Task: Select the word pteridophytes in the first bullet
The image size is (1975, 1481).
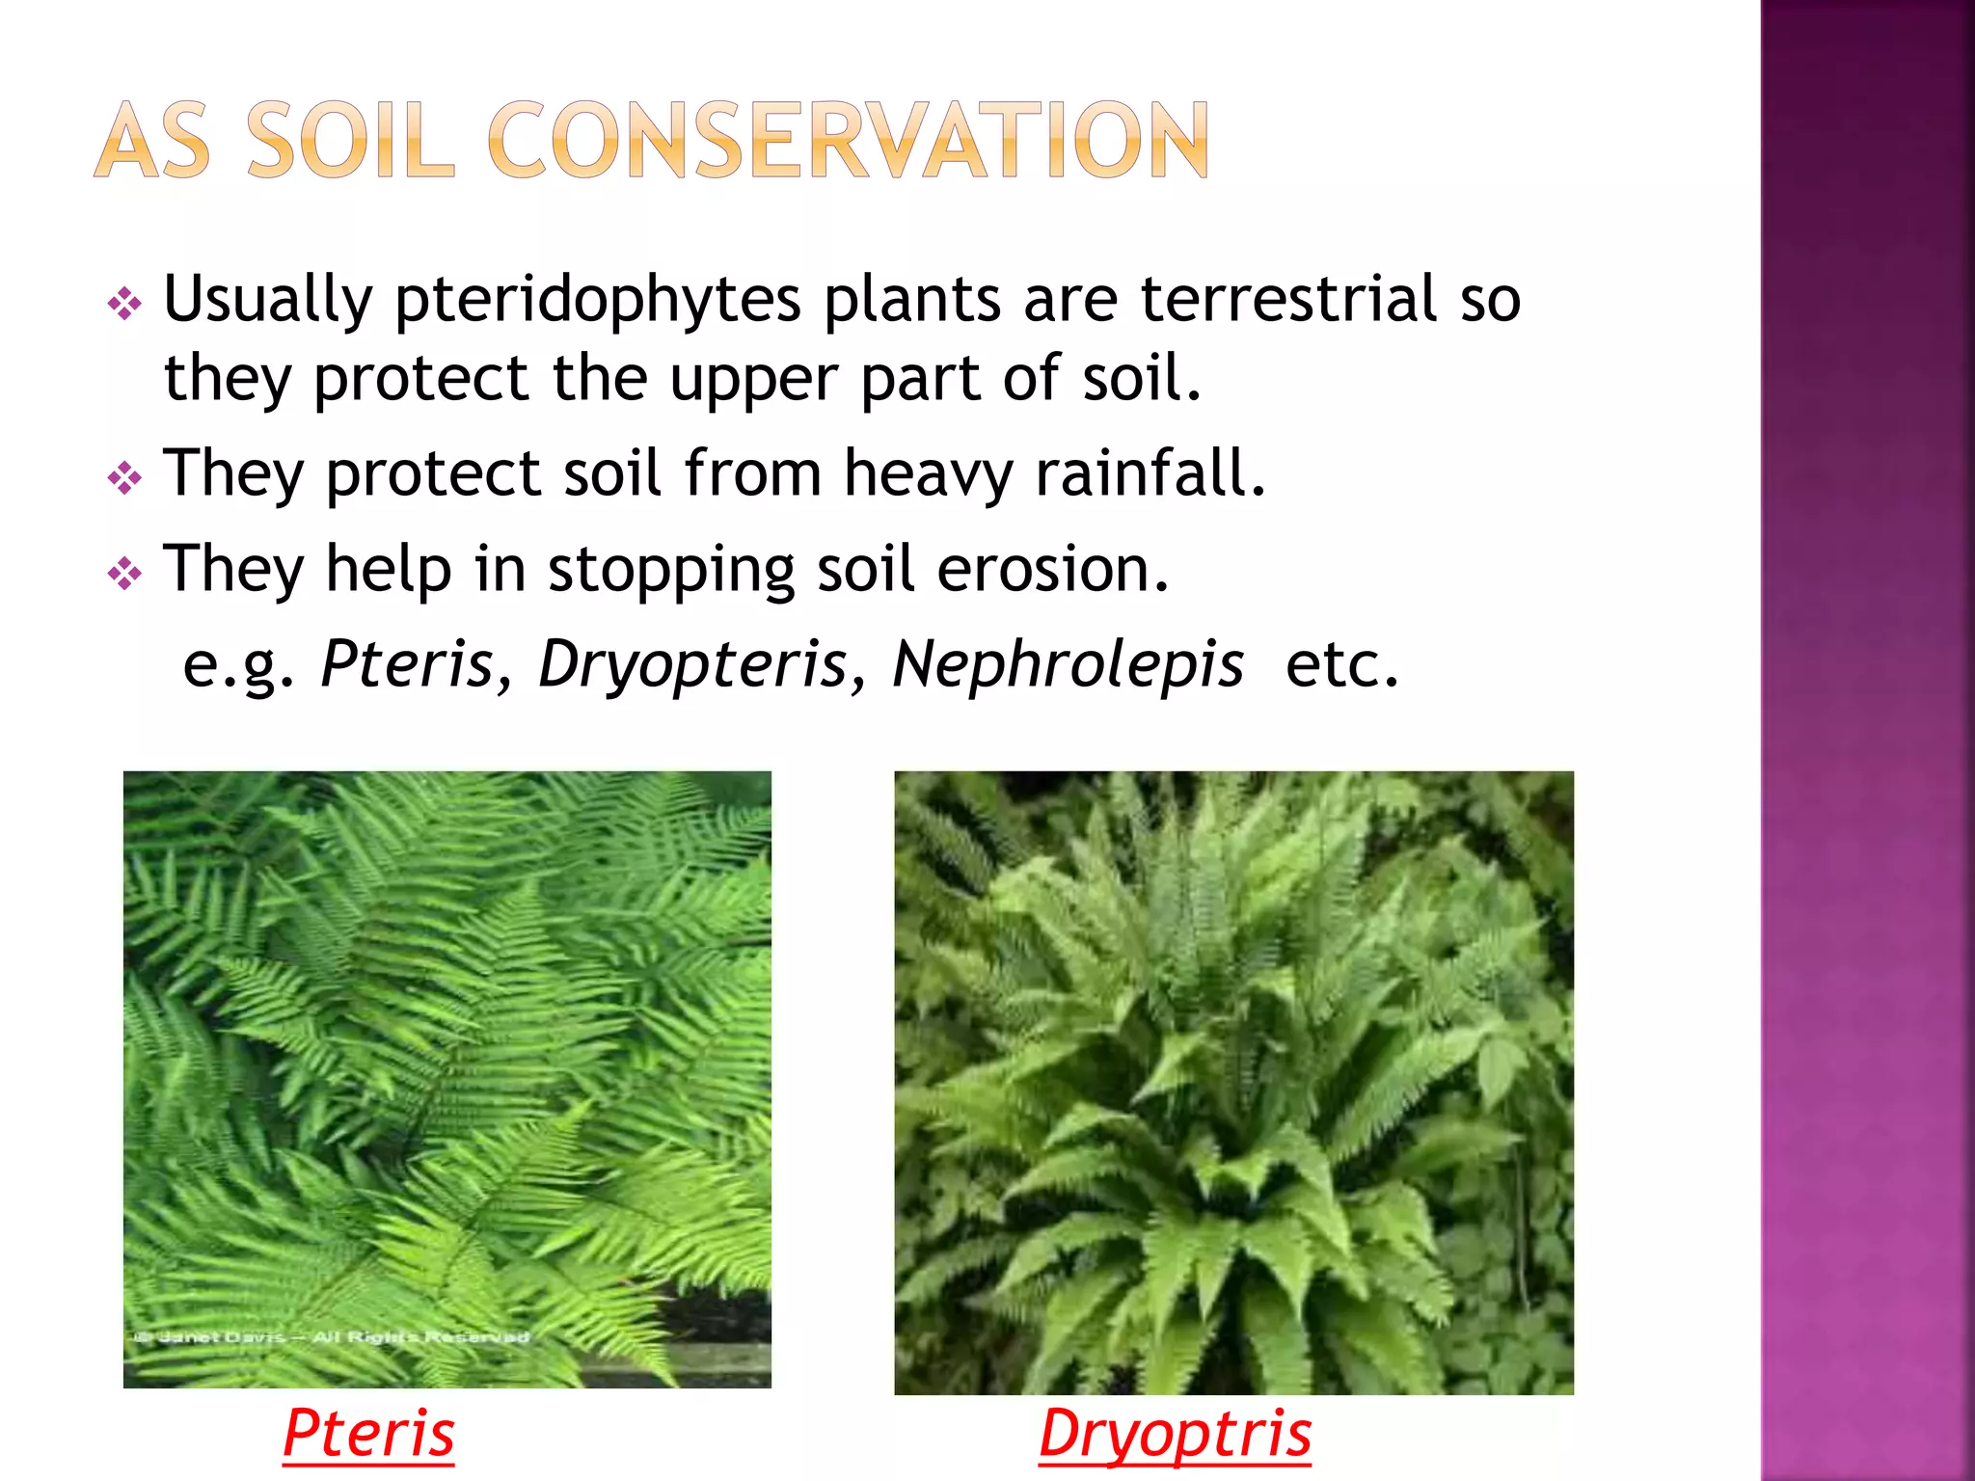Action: [x=598, y=300]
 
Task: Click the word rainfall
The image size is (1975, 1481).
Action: [x=1150, y=473]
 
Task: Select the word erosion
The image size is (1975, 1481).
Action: [x=1053, y=569]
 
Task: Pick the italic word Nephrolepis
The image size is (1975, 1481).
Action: [x=1068, y=664]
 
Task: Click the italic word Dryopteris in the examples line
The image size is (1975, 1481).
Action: [x=692, y=664]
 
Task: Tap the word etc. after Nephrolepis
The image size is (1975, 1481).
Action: [x=1341, y=664]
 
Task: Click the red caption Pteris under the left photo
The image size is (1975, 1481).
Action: [x=368, y=1434]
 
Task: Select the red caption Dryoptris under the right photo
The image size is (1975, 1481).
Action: [x=1175, y=1434]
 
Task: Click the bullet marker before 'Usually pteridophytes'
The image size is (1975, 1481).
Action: [x=125, y=306]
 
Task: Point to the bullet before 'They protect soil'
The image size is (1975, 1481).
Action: [x=125, y=478]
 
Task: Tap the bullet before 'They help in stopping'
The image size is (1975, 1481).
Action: [x=125, y=575]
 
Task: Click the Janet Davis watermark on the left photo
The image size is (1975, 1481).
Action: [x=332, y=1337]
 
